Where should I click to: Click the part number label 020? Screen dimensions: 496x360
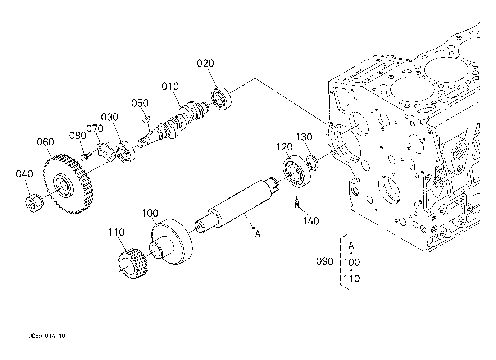[205, 64]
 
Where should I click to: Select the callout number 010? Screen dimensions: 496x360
[170, 87]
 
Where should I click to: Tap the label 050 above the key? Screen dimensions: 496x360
[140, 103]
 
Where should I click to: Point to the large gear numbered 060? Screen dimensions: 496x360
[68, 184]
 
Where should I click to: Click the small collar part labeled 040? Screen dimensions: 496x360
[34, 202]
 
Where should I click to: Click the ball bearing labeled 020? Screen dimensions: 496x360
[221, 98]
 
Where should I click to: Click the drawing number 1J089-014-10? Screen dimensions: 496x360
[46, 336]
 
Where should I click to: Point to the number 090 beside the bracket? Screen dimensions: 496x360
[325, 261]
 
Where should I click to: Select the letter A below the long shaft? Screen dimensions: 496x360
[258, 234]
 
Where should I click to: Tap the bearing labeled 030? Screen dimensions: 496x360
[125, 152]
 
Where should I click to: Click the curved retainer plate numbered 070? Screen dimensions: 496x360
[106, 152]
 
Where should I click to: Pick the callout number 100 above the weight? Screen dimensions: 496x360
[150, 213]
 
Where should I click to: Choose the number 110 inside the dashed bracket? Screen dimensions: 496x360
[351, 279]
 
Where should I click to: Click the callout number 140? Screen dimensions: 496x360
[311, 221]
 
